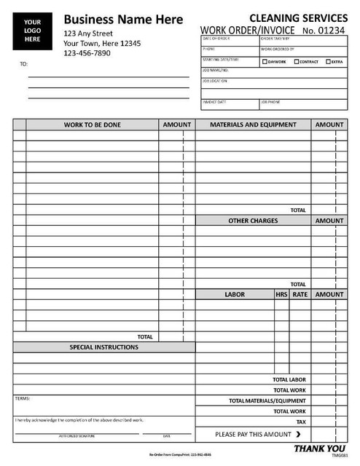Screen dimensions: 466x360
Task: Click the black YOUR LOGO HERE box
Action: [x=33, y=30]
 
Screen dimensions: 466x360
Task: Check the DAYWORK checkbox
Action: [x=265, y=62]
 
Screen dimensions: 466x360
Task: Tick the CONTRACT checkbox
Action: [x=297, y=62]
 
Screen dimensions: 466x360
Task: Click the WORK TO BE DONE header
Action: [x=93, y=125]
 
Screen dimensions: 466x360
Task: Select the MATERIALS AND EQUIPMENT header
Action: [x=253, y=125]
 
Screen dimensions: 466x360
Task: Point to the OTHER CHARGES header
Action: [x=253, y=221]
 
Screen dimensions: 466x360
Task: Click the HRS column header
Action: [x=281, y=295]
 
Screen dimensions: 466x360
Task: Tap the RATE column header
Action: [x=300, y=295]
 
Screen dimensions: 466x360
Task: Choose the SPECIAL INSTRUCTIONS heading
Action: [x=103, y=347]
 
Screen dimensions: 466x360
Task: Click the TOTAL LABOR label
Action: [x=289, y=379]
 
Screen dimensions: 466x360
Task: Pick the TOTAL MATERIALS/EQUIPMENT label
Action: [x=267, y=400]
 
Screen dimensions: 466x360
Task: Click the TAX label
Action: [x=301, y=422]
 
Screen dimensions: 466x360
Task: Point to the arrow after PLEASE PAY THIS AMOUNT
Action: [x=299, y=435]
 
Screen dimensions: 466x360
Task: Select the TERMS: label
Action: [x=23, y=398]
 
